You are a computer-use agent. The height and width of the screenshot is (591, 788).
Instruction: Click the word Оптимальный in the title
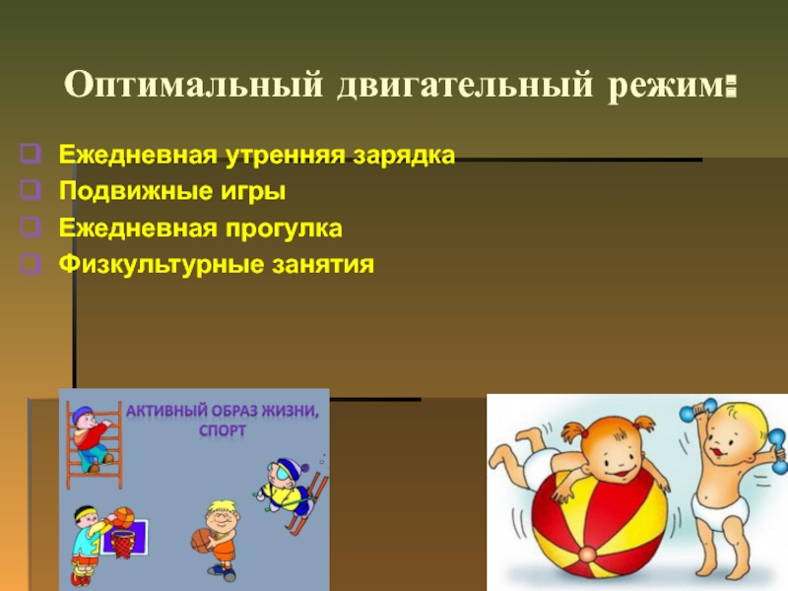[193, 85]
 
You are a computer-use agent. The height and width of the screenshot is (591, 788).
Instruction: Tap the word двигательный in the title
[465, 86]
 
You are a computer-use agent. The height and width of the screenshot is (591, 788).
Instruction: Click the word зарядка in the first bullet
[404, 156]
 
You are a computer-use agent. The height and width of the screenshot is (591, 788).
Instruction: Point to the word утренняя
[285, 156]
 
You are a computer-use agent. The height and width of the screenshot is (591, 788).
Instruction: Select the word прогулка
[284, 230]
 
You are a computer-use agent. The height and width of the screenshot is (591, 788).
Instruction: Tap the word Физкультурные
[162, 265]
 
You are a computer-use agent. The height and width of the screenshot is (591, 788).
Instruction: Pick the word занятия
[323, 265]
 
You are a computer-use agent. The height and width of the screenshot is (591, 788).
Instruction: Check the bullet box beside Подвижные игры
[31, 190]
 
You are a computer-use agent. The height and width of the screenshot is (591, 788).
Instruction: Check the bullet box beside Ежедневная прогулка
[31, 228]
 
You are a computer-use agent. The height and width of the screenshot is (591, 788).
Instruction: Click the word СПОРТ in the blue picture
[223, 430]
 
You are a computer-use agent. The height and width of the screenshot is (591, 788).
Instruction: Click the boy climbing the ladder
[91, 438]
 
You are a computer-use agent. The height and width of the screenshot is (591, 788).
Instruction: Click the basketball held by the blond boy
[202, 540]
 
